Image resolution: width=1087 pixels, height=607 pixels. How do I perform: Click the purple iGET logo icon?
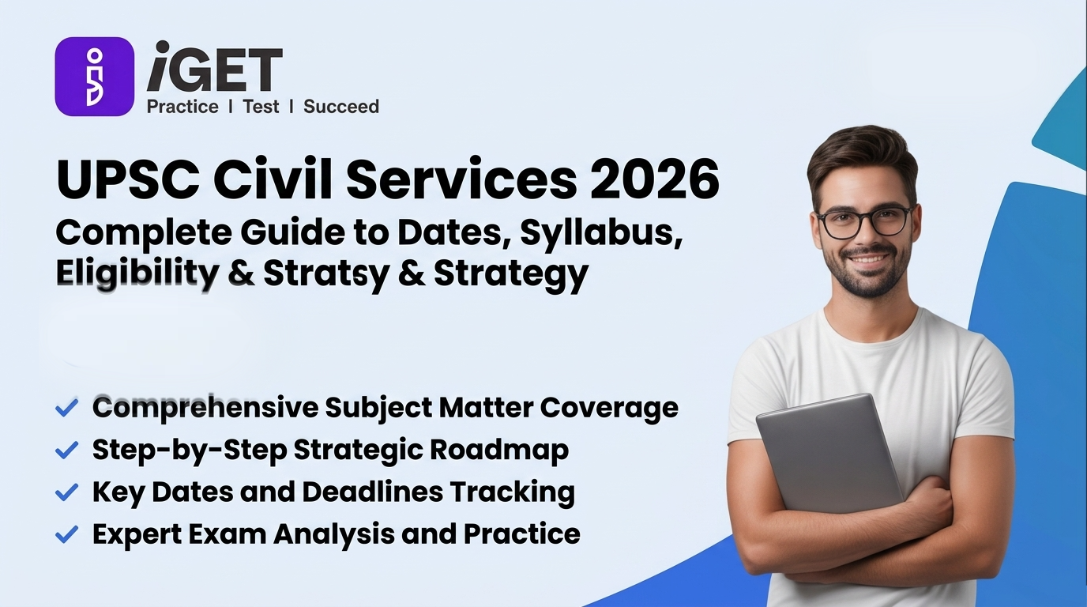(94, 77)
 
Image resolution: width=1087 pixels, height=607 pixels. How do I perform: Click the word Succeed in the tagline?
(341, 107)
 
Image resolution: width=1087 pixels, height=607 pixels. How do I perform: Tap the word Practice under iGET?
(182, 107)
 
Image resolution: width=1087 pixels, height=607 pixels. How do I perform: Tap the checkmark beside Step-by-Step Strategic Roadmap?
(66, 450)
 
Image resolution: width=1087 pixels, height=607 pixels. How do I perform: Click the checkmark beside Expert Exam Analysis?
(66, 534)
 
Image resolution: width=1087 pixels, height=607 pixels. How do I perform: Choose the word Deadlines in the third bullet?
(372, 492)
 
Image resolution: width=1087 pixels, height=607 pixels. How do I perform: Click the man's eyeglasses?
(865, 221)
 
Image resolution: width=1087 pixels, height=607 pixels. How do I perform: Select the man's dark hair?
(861, 158)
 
